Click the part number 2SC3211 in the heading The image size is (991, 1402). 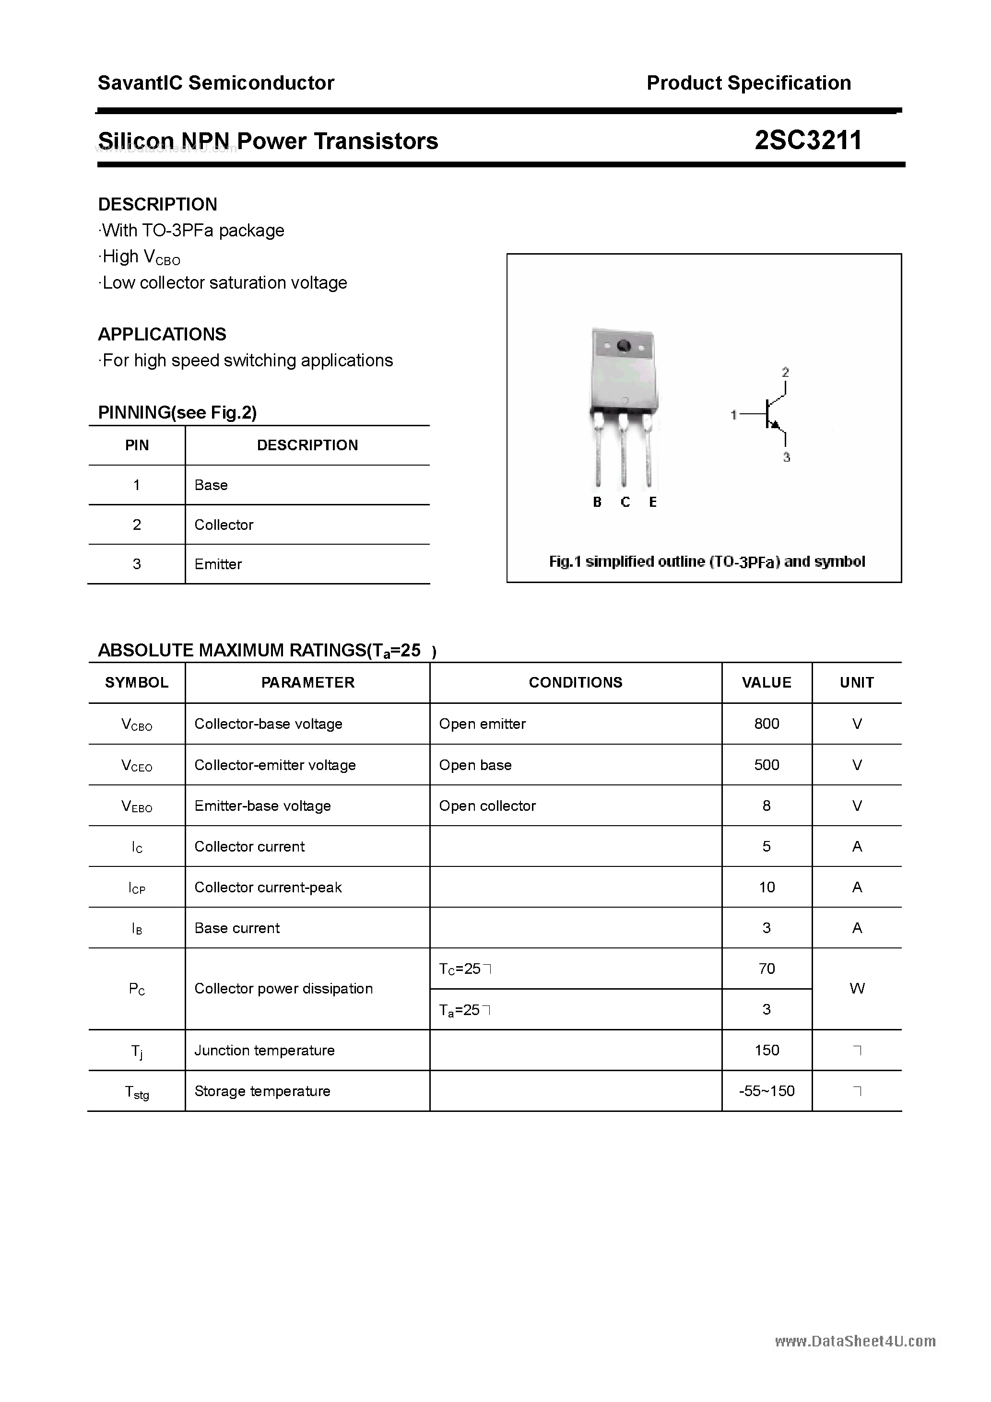pyautogui.click(x=808, y=140)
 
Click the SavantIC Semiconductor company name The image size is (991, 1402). pyautogui.click(x=216, y=83)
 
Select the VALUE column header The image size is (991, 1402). pyautogui.click(x=766, y=682)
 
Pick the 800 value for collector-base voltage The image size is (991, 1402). pyautogui.click(x=766, y=724)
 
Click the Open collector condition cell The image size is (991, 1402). pyautogui.click(x=487, y=806)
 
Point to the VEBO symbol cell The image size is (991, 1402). pyautogui.click(x=137, y=806)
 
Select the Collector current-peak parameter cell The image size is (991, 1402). pyautogui.click(x=268, y=887)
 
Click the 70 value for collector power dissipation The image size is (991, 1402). pyautogui.click(x=766, y=969)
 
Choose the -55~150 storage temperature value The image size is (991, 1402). pyautogui.click(x=766, y=1091)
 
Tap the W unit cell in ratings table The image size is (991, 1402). pyautogui.click(x=857, y=988)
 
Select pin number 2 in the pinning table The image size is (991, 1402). pyautogui.click(x=137, y=525)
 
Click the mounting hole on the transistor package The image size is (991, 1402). pyautogui.click(x=623, y=346)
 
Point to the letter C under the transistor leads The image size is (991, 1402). pyautogui.click(x=625, y=502)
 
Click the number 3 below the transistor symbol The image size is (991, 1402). pyautogui.click(x=786, y=457)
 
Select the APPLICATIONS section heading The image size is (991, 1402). pyautogui.click(x=162, y=334)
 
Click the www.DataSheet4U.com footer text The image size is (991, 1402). pyautogui.click(x=855, y=1342)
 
